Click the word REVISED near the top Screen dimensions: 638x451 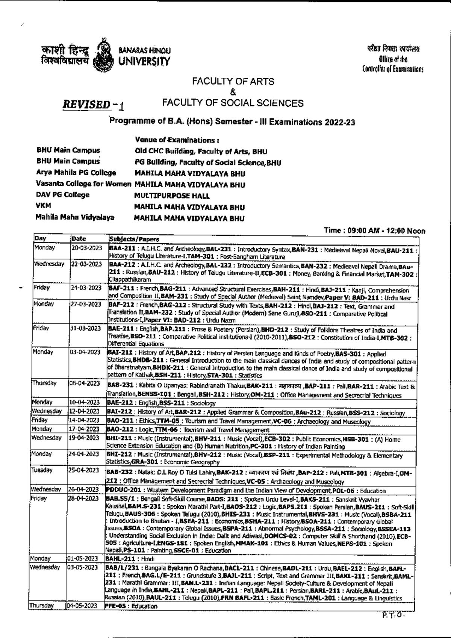tap(86, 105)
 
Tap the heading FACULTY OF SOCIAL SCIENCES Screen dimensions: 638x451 tap(233, 103)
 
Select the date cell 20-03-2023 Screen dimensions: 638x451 tap(86, 248)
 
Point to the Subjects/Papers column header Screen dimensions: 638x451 tap(134, 239)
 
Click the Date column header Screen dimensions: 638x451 tap(79, 239)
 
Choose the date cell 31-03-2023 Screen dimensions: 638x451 tap(86, 328)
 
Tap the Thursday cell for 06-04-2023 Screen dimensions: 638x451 tap(44, 383)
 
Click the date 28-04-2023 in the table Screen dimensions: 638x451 tap(83, 498)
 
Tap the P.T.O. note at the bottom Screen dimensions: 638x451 tap(392, 615)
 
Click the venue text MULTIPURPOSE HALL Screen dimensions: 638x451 tap(172, 196)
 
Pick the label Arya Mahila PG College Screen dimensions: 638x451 tap(76, 173)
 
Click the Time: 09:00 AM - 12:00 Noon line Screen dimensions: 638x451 tap(374, 231)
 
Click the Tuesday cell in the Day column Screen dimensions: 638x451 tap(42, 470)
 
